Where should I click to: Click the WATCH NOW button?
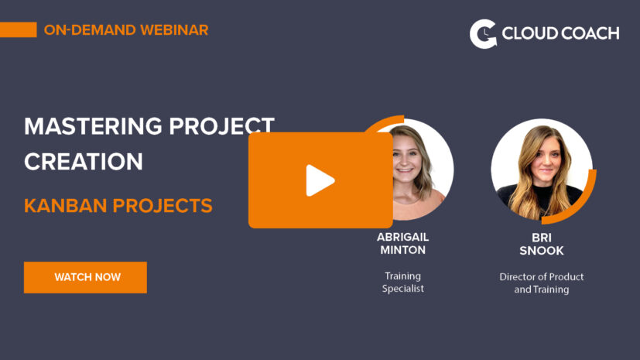point(85,277)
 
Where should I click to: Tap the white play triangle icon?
point(320,180)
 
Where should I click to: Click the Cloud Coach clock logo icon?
point(483,34)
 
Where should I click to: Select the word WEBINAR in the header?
point(174,29)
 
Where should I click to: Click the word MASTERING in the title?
point(93,125)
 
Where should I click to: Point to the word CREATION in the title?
point(84,161)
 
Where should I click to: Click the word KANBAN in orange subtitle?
point(65,205)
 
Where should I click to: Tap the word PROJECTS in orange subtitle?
point(163,205)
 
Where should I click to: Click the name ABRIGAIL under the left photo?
point(402,237)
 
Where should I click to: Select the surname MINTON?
point(403,250)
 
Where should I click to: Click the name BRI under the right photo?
point(542,238)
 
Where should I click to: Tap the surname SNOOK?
point(542,251)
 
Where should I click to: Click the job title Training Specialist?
point(403,282)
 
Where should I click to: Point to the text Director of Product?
point(542,276)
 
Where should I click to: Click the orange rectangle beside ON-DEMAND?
point(19,29)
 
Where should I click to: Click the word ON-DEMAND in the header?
point(90,29)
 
